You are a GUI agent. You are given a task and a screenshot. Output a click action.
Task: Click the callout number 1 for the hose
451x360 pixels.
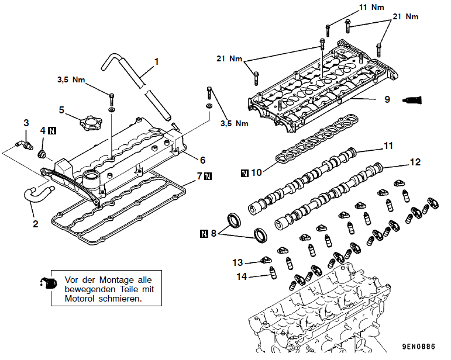point(157,61)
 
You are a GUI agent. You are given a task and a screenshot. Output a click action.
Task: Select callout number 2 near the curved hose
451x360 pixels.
point(35,223)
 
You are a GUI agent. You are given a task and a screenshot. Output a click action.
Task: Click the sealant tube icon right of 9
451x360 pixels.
point(414,99)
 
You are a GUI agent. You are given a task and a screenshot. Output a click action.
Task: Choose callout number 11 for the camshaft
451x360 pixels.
point(388,145)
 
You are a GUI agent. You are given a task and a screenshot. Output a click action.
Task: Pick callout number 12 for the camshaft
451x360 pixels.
point(415,162)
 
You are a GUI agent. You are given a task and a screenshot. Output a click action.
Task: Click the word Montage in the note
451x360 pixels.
point(116,279)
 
